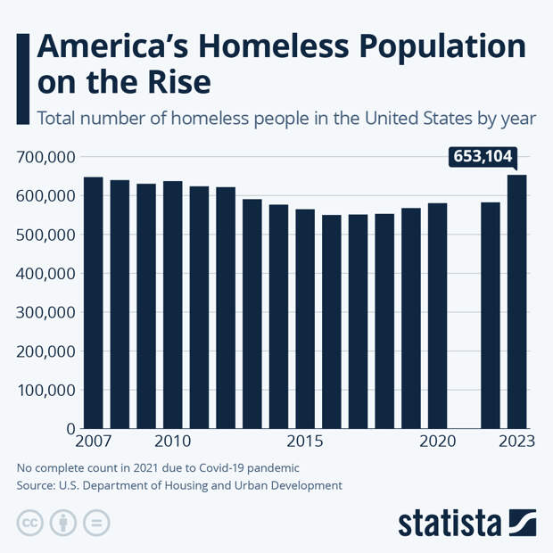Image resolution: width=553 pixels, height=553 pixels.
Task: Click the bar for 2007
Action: [94, 302]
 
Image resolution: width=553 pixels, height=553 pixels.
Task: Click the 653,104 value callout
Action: [482, 158]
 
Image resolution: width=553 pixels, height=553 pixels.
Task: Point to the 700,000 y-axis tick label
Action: [45, 157]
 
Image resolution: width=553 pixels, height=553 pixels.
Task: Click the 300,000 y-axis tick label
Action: [45, 312]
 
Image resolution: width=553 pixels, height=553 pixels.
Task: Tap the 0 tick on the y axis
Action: [71, 429]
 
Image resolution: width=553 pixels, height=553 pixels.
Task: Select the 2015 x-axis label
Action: [305, 442]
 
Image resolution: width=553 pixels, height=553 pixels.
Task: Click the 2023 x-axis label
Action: [516, 442]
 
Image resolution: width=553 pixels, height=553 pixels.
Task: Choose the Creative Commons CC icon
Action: [30, 523]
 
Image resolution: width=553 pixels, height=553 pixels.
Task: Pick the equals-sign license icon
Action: [96, 523]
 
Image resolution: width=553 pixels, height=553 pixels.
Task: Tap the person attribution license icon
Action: [63, 523]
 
